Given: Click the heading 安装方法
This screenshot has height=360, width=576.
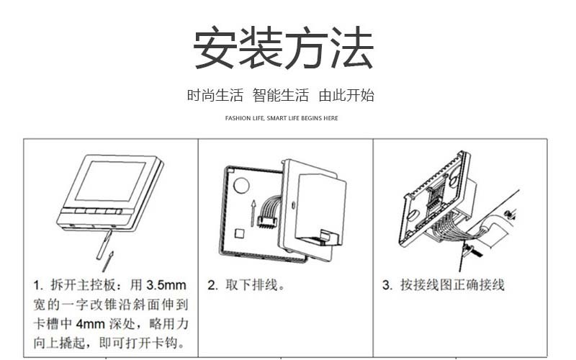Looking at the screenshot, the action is click(283, 48).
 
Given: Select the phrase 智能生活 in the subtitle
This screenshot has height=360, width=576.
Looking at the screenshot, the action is click(280, 96).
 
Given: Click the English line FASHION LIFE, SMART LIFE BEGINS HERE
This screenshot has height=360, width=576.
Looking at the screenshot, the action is click(282, 118).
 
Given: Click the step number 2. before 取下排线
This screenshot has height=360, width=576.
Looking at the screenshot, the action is click(212, 285).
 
